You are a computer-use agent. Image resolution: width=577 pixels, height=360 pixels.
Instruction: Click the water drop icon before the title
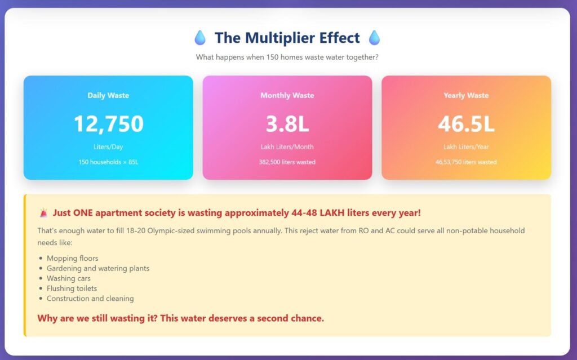pyautogui.click(x=200, y=38)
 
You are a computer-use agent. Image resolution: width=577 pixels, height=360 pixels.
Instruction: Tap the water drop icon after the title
pyautogui.click(x=374, y=38)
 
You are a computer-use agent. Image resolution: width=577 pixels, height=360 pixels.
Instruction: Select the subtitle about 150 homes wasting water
pyautogui.click(x=287, y=57)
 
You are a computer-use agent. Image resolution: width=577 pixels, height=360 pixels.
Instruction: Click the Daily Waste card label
pyautogui.click(x=108, y=95)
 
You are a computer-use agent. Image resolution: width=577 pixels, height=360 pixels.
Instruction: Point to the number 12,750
pyautogui.click(x=108, y=123)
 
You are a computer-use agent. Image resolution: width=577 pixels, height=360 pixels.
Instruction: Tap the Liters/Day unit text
pyautogui.click(x=108, y=147)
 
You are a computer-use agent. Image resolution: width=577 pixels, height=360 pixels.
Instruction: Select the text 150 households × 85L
pyautogui.click(x=108, y=162)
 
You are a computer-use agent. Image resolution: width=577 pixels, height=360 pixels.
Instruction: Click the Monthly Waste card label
pyautogui.click(x=287, y=95)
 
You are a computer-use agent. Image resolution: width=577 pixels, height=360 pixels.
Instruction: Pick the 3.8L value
pyautogui.click(x=287, y=123)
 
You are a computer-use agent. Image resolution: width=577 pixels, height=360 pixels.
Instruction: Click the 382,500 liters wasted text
pyautogui.click(x=287, y=162)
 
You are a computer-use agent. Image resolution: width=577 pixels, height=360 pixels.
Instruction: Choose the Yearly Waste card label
pyautogui.click(x=466, y=95)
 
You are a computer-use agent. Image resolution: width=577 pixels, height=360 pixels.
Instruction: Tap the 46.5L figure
pyautogui.click(x=466, y=123)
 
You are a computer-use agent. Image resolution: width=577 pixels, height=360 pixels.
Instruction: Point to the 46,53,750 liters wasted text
pyautogui.click(x=466, y=162)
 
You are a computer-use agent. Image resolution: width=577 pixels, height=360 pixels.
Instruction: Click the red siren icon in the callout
pyautogui.click(x=43, y=213)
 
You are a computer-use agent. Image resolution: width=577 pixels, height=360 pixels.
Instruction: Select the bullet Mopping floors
pyautogui.click(x=72, y=258)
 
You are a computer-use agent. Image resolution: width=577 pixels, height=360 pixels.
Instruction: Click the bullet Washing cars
pyautogui.click(x=68, y=278)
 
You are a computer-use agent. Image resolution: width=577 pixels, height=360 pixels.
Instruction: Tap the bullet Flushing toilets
pyautogui.click(x=72, y=288)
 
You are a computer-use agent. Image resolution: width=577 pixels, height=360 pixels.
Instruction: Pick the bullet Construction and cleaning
pyautogui.click(x=90, y=299)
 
